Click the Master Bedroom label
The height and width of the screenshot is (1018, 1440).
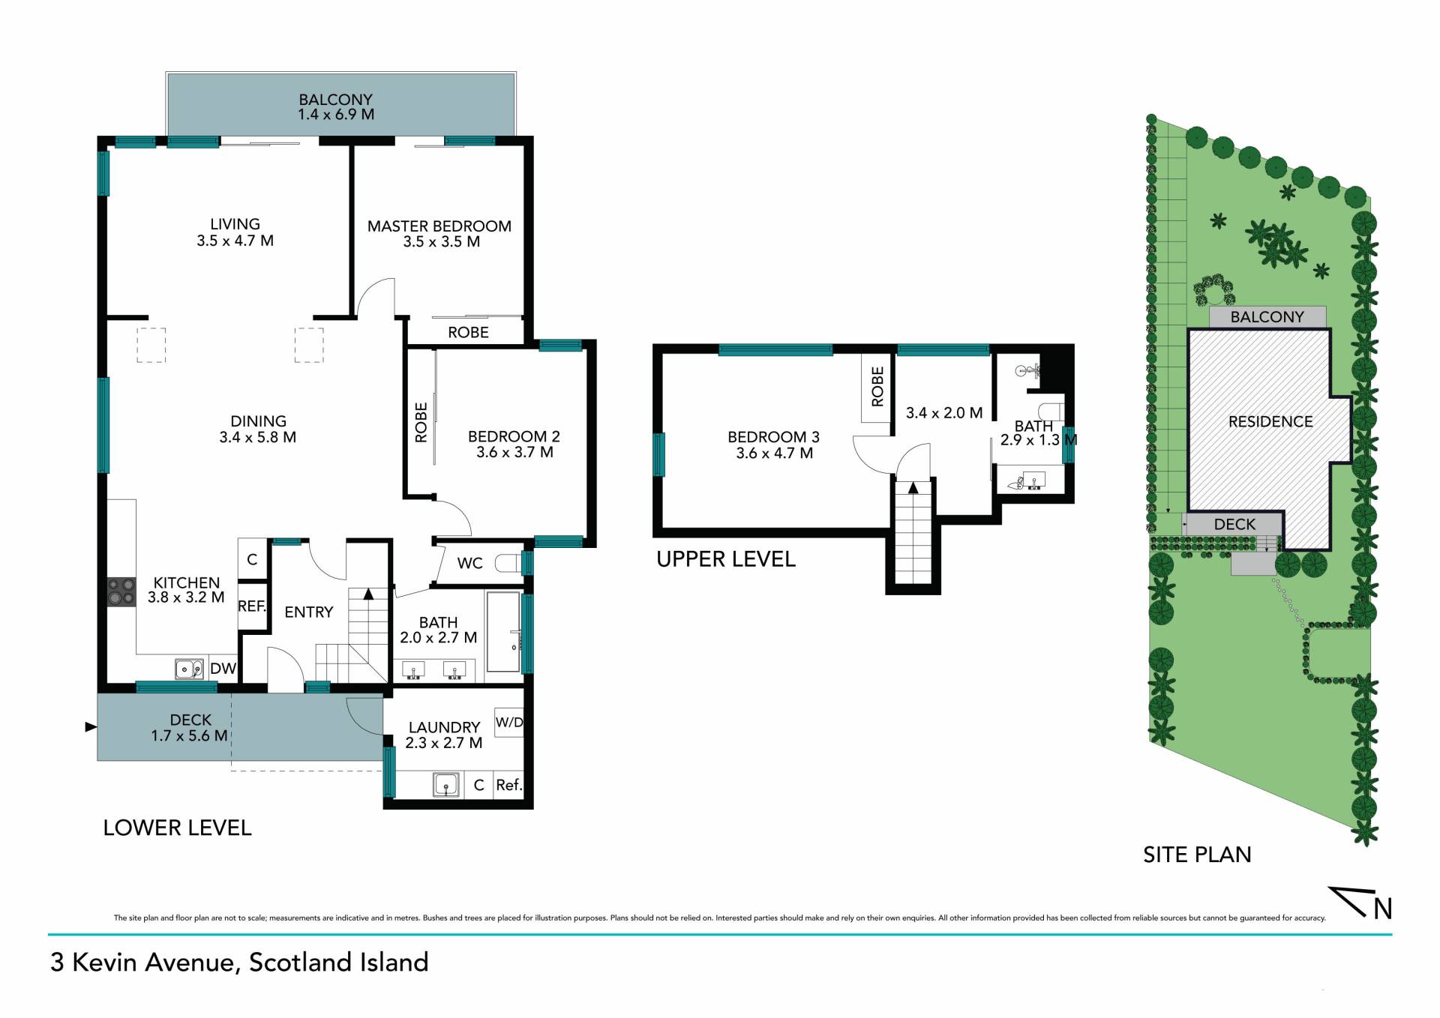[439, 226]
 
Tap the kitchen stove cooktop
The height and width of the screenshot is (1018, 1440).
[121, 591]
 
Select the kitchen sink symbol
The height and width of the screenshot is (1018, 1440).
[189, 668]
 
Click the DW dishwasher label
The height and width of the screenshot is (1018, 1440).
[223, 669]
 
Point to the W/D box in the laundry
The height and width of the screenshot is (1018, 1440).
[509, 723]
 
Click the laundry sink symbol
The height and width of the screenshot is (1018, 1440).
[445, 785]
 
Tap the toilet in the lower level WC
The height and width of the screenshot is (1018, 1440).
[510, 563]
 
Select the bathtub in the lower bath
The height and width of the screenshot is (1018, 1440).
[503, 632]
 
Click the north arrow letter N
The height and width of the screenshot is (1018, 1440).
[1383, 909]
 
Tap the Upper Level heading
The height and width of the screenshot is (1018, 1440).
[726, 559]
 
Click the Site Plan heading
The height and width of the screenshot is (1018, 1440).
[1197, 855]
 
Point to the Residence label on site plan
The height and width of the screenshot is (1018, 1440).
[1270, 422]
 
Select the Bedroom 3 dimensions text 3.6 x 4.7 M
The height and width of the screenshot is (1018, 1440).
[774, 453]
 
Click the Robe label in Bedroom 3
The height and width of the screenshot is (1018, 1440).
[877, 387]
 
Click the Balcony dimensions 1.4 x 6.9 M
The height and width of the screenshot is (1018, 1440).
[335, 115]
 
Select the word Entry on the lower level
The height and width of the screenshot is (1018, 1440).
[308, 612]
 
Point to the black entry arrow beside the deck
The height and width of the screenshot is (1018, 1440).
[91, 726]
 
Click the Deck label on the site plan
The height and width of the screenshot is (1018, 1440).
[1234, 525]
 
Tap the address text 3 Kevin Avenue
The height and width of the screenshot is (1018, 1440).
[142, 963]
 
